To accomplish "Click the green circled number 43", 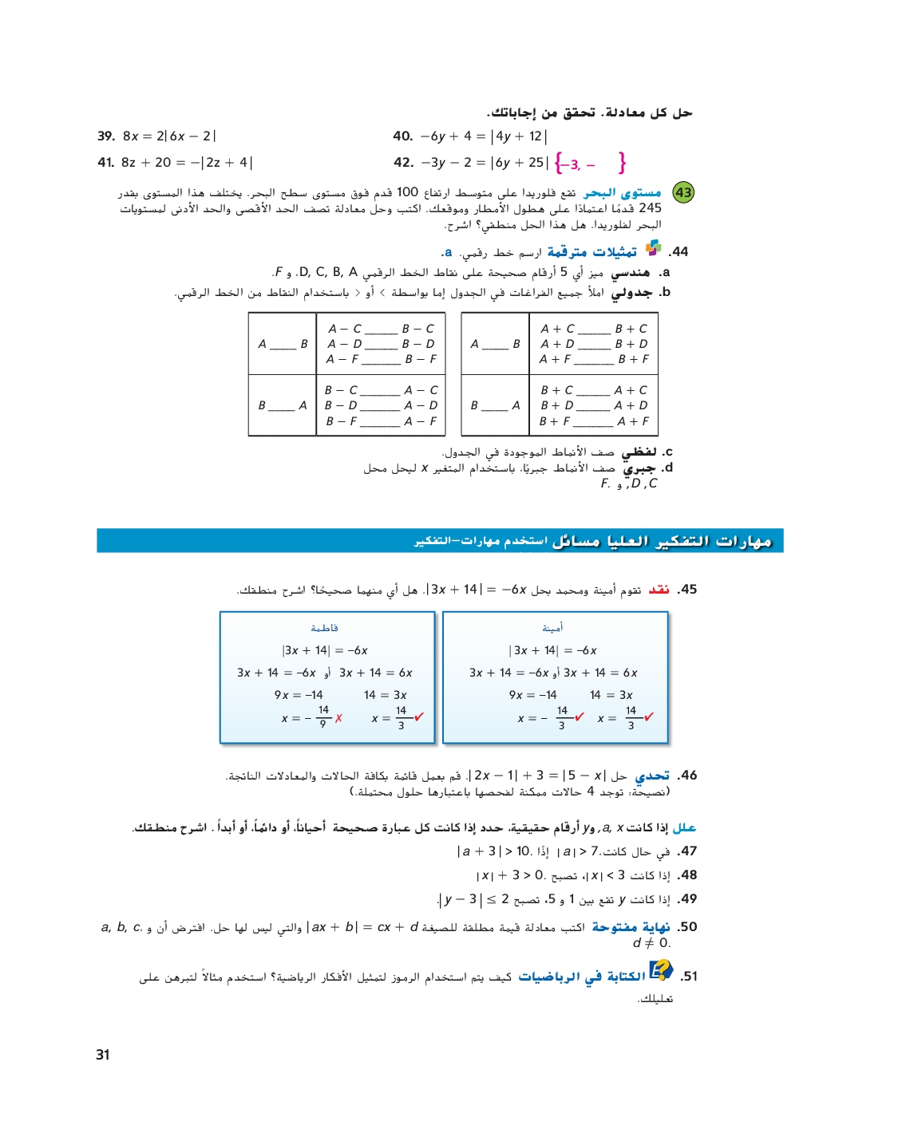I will pos(684,192).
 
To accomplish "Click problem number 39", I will pos(106,136).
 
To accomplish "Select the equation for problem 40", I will pos(484,136).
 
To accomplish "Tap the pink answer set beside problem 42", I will pos(591,164).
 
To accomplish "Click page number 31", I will pos(103,1054).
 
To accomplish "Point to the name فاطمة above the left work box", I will pos(324,628).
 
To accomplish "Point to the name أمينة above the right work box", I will pos(552,628).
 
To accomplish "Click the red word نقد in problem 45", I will pos(659,590).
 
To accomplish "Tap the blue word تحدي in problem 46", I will pos(652,776).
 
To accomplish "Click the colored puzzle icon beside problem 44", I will pos(653,248).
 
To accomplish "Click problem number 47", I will pos(687,851).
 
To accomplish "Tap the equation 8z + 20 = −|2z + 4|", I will pos(187,163).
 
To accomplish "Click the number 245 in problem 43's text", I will pos(650,208).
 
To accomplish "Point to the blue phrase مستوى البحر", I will pos(622,193).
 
